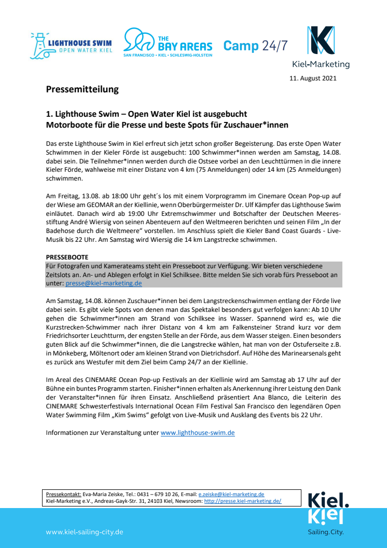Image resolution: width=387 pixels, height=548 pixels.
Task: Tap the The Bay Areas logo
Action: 168,43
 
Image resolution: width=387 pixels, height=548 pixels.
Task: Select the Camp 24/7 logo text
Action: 255,46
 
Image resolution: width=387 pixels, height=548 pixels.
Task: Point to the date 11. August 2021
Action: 313,78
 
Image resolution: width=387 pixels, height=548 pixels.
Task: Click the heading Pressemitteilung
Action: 82,90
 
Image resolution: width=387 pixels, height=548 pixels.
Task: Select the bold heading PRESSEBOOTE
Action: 67,257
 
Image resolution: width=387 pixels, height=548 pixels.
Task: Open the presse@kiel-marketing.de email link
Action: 104,283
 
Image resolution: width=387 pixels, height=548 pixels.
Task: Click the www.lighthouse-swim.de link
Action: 198,432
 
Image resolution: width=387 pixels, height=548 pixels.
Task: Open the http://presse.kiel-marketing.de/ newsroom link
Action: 242,501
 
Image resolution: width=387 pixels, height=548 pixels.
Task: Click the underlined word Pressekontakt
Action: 62,494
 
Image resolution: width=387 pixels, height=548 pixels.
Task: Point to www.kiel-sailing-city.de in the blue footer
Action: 85,532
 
